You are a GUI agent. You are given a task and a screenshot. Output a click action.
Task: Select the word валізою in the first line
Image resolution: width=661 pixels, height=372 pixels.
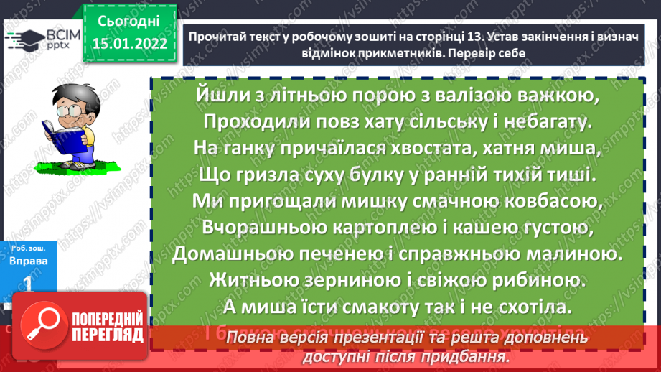click(475, 94)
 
